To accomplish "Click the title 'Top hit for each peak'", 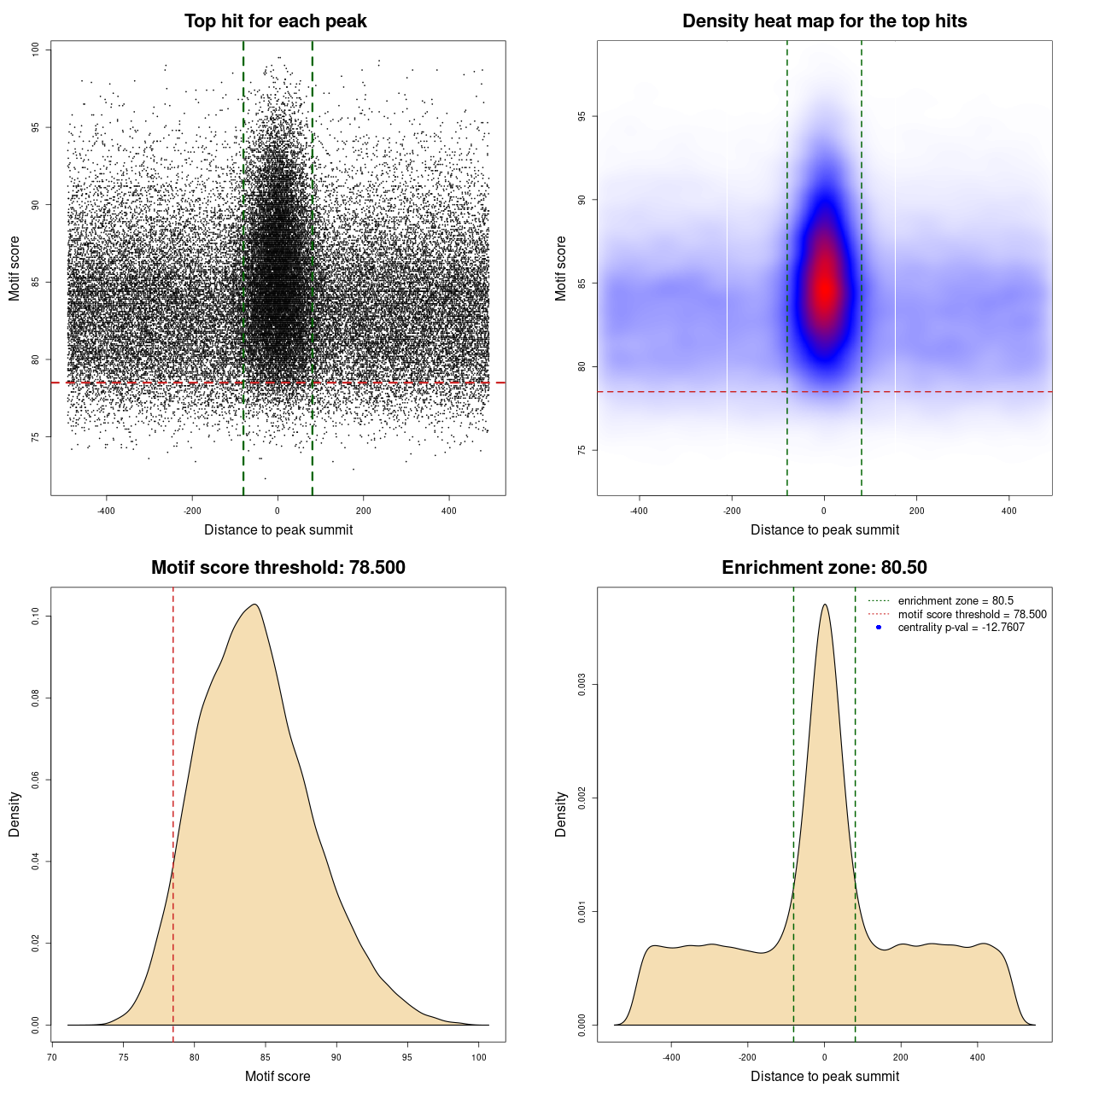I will pyautogui.click(x=276, y=21).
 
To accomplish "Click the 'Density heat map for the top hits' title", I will pyautogui.click(x=824, y=21).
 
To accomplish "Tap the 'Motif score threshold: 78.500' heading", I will pyautogui.click(x=278, y=568).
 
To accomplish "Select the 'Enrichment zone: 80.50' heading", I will pyautogui.click(x=824, y=568).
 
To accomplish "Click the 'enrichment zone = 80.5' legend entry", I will pyautogui.click(x=956, y=601).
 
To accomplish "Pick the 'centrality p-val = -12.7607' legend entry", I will pyautogui.click(x=961, y=628).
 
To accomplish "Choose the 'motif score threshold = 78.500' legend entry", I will pyautogui.click(x=972, y=615).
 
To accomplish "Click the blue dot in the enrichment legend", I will pyautogui.click(x=879, y=628).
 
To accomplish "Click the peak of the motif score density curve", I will pyautogui.click(x=254, y=605).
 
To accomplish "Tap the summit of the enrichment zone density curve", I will pyautogui.click(x=824, y=605).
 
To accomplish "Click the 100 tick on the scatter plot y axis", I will pyautogui.click(x=36, y=50).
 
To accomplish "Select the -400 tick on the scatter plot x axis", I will pyautogui.click(x=106, y=511).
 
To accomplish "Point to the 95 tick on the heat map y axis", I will pyautogui.click(x=582, y=116).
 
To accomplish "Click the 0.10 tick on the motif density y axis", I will pyautogui.click(x=36, y=616).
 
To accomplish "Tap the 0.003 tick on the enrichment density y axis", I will pyautogui.click(x=582, y=685).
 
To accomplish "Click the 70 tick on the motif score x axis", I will pyautogui.click(x=52, y=1057).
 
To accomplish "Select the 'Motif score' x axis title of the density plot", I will pyautogui.click(x=278, y=1076).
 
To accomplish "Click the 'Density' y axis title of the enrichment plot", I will pyautogui.click(x=561, y=814).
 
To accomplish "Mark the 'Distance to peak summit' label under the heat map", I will pyautogui.click(x=824, y=529).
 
